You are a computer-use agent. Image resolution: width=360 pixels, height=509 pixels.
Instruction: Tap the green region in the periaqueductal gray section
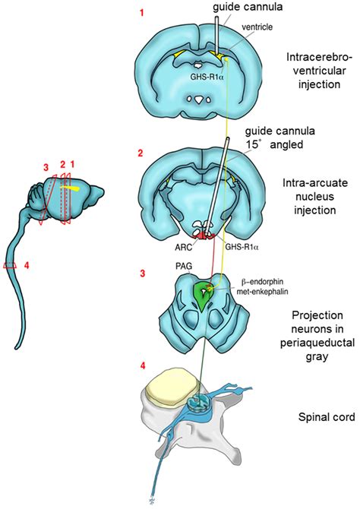pyautogui.click(x=204, y=293)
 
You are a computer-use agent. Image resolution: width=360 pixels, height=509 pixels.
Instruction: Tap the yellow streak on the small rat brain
pyautogui.click(x=72, y=184)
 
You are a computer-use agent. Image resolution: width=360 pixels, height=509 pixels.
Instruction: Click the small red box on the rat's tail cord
pyautogui.click(x=10, y=266)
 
